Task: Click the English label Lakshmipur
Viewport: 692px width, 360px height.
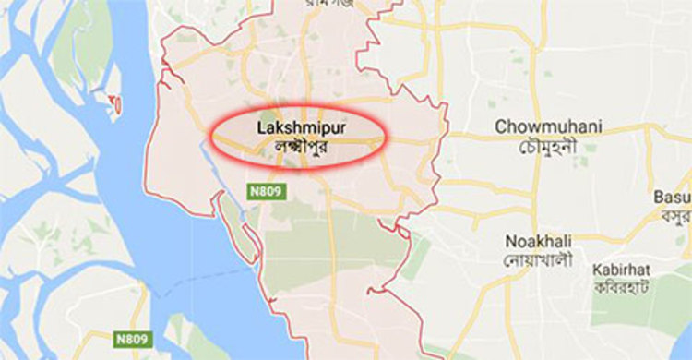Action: pyautogui.click(x=296, y=127)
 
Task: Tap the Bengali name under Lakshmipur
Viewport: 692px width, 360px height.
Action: pyautogui.click(x=296, y=147)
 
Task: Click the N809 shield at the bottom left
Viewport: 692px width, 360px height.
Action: pyautogui.click(x=131, y=339)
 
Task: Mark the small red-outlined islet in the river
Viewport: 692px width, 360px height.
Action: pyautogui.click(x=116, y=103)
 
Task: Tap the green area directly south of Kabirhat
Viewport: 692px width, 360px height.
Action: pyautogui.click(x=637, y=318)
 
